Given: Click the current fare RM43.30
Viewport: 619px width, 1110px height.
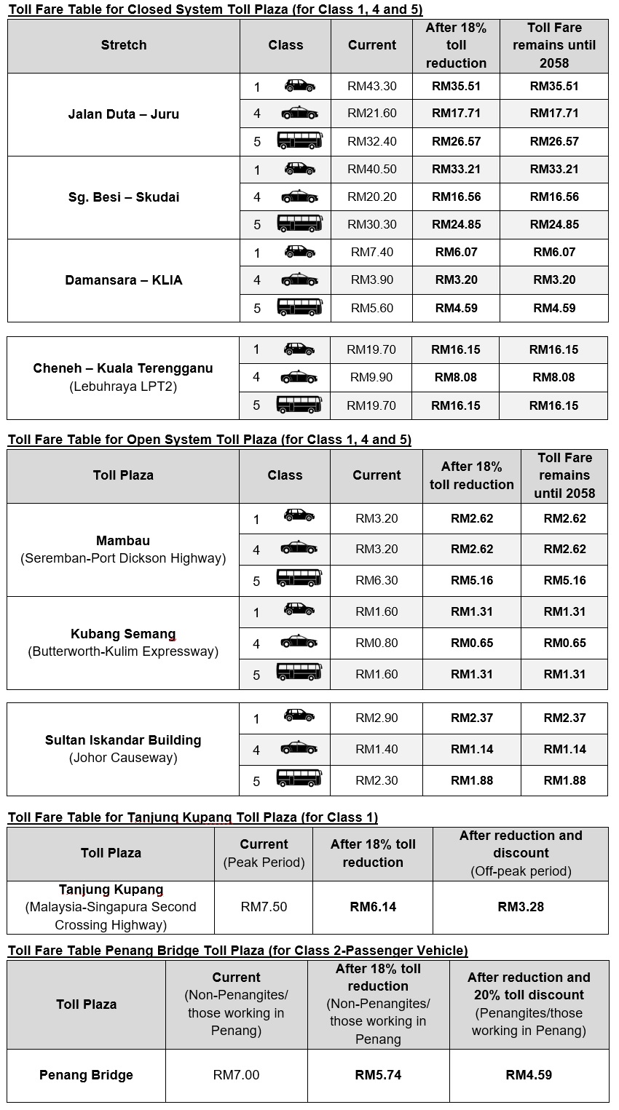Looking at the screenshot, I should click(372, 86).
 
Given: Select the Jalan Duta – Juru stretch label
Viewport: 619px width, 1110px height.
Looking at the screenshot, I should click(123, 114).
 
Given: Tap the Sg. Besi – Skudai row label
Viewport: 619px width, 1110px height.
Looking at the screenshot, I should click(123, 197).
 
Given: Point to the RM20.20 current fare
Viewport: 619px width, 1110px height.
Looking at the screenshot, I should click(372, 197).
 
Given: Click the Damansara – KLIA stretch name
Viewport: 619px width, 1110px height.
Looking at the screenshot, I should click(123, 280).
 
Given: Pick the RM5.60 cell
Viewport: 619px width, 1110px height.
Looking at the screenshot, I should click(372, 308).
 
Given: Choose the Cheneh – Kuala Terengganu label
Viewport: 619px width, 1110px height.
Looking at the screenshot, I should click(123, 368).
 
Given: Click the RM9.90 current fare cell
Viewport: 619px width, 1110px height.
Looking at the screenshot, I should click(371, 377).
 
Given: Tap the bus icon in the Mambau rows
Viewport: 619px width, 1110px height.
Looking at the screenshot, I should click(299, 579).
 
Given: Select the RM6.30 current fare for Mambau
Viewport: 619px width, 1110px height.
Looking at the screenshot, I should click(376, 580).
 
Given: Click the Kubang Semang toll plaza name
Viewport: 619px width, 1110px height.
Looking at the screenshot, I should click(123, 634).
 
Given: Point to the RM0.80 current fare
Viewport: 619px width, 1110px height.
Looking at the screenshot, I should click(376, 643).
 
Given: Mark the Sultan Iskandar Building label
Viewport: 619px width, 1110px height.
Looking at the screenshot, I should click(123, 740).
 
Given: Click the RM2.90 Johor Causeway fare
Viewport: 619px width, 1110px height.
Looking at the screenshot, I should click(376, 718).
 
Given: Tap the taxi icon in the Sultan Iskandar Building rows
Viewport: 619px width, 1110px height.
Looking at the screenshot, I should click(299, 748).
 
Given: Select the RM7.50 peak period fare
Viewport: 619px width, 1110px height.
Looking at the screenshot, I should click(264, 907).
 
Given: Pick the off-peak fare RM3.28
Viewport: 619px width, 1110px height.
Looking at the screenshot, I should click(521, 907).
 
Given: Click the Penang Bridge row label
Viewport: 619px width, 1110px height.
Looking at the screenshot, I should click(86, 1075).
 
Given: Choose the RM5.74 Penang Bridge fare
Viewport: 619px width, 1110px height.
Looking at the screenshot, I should click(378, 1075).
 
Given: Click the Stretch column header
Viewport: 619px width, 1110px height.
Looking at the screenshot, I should click(123, 45).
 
